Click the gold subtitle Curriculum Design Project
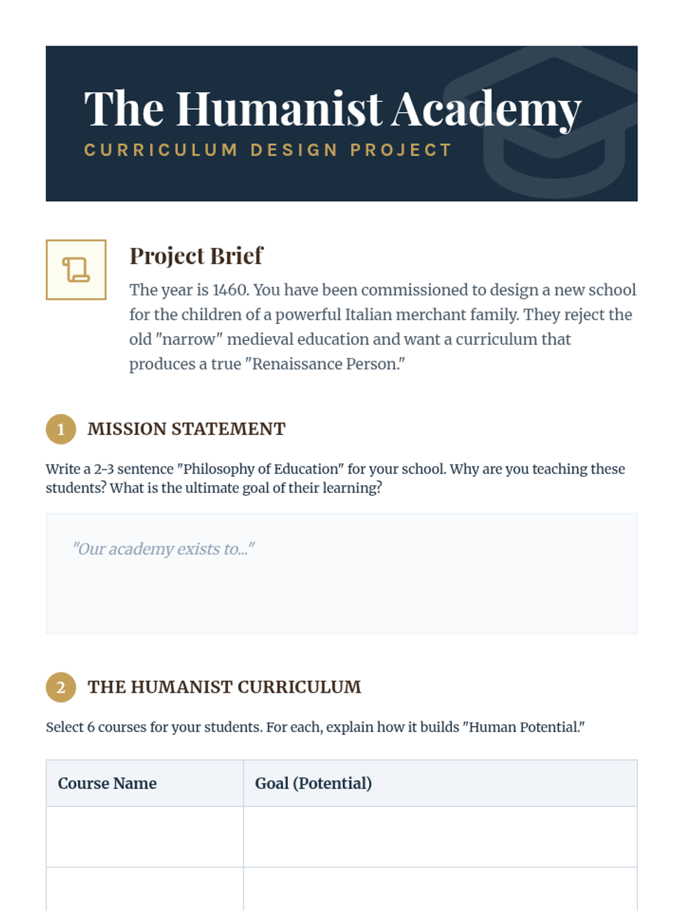point(268,150)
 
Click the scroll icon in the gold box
point(76,269)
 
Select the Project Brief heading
point(196,256)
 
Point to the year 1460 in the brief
point(230,290)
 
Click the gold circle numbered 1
point(61,429)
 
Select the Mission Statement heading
point(186,429)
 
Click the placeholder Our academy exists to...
point(163,549)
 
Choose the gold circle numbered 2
point(61,687)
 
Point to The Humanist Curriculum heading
point(224,687)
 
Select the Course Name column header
point(107,783)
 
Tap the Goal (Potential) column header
point(313,783)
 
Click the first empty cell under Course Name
point(145,836)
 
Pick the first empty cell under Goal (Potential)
point(440,836)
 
